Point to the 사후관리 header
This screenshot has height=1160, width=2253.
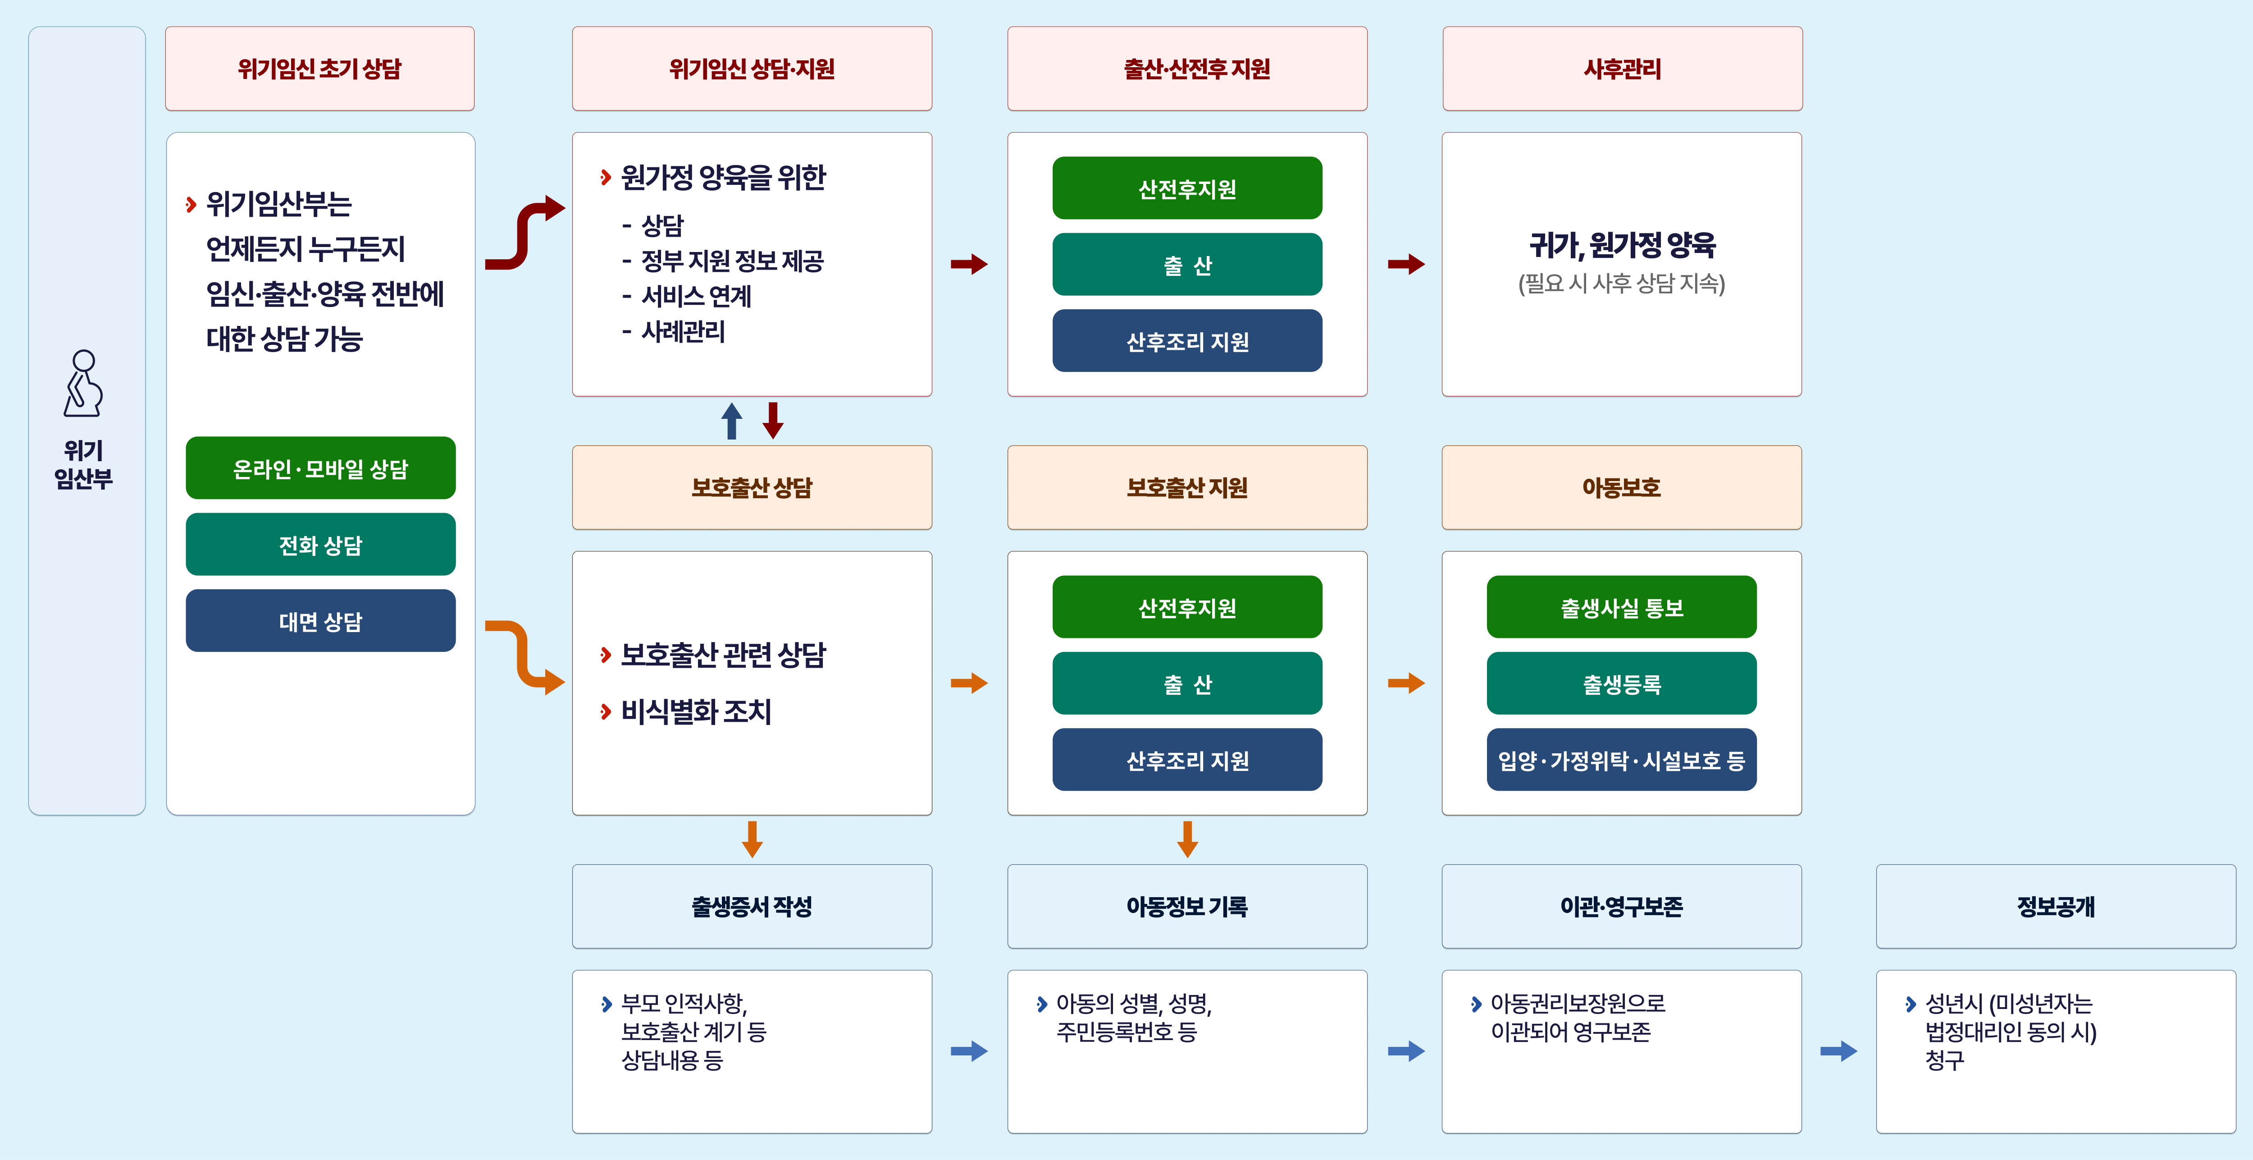pos(1622,68)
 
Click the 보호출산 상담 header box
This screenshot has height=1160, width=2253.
pos(751,487)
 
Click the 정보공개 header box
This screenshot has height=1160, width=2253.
pos(2055,906)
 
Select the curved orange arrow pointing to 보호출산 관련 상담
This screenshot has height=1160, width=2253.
pos(525,656)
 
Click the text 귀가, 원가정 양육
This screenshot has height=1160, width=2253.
pos(1622,245)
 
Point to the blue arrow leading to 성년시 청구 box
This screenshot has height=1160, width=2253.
pos(1838,1050)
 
